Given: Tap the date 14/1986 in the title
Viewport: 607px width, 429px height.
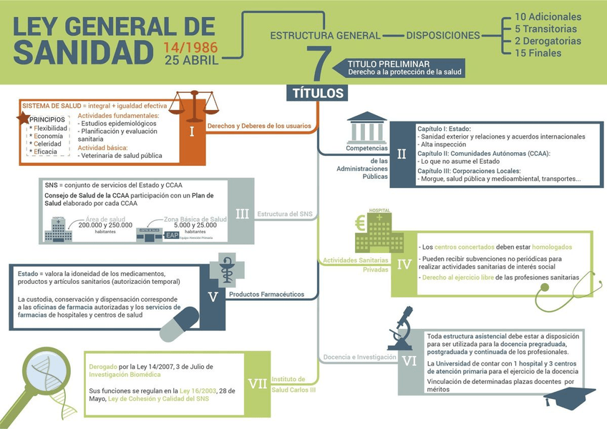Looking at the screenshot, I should pos(191,49).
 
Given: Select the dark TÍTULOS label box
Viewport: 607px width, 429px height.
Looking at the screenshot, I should pos(319,93).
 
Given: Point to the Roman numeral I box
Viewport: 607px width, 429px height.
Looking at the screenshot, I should pos(191,132).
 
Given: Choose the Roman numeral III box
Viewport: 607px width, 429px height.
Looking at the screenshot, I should pos(242,213).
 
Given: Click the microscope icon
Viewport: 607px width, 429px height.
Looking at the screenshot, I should pos(403,325).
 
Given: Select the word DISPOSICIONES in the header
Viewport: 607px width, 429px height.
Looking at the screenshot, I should pos(443,35).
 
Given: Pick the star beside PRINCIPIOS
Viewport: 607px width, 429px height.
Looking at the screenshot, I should pos(23,117).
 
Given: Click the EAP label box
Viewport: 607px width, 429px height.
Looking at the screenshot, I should pos(173,235).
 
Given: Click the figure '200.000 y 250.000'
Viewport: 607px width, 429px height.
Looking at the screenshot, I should pos(106,225).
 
